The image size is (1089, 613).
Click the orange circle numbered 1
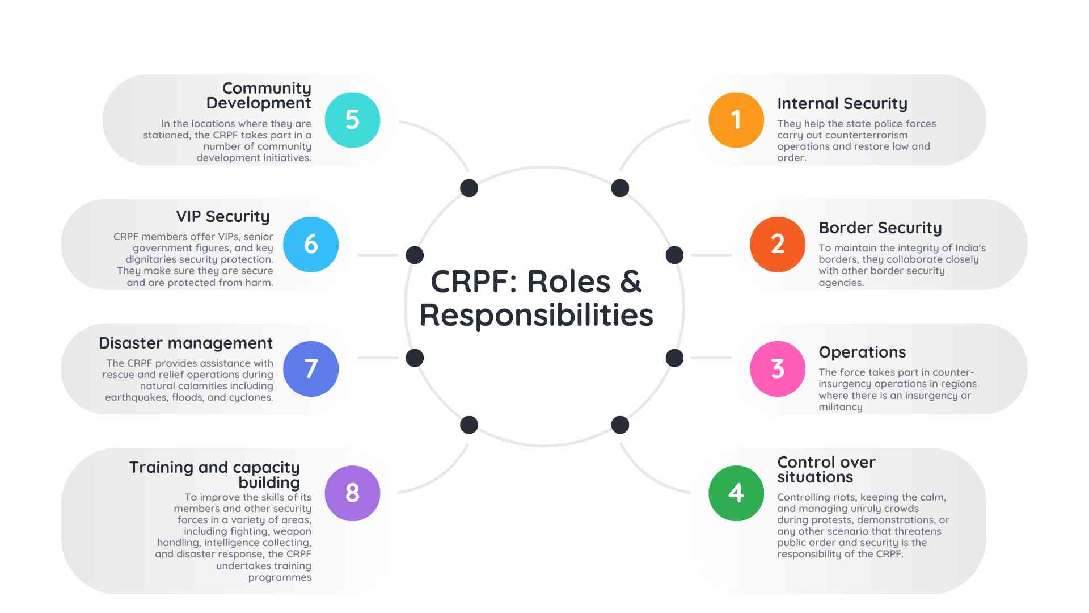(x=736, y=120)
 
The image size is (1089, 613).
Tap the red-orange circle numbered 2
(x=778, y=244)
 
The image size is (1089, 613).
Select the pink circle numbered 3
(x=778, y=369)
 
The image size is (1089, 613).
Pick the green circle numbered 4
(x=736, y=493)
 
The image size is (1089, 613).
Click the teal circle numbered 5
(x=352, y=120)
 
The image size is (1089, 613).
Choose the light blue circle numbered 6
(x=311, y=244)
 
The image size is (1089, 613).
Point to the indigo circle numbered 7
(x=311, y=369)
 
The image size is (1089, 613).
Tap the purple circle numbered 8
(x=352, y=493)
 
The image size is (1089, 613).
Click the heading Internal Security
(x=842, y=103)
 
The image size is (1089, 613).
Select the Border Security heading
(x=880, y=228)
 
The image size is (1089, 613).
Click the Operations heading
(x=862, y=352)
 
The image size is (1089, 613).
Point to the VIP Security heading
(x=223, y=216)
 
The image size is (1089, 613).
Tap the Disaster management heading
(x=185, y=343)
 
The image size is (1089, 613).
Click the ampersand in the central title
(x=631, y=282)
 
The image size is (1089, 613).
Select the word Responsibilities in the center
(x=536, y=315)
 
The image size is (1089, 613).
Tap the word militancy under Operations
(x=840, y=407)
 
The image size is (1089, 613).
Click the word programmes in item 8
(x=280, y=577)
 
